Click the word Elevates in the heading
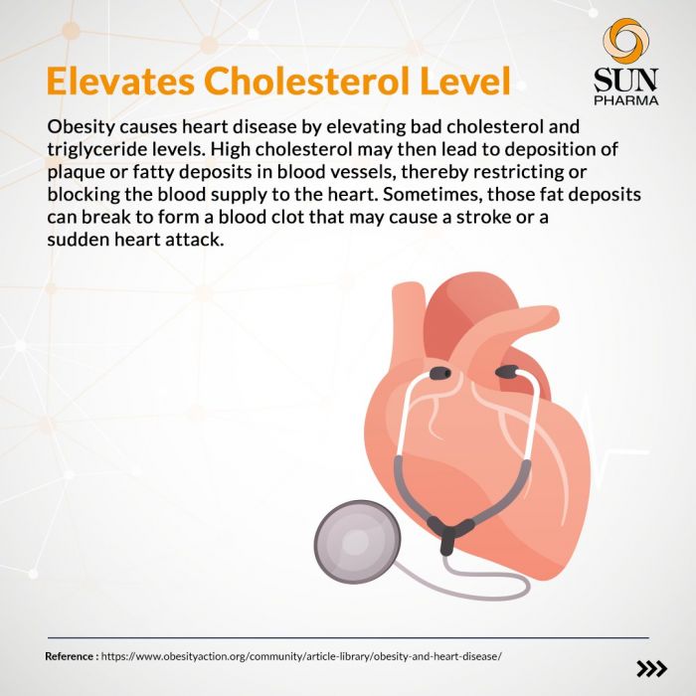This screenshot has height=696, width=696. point(120,81)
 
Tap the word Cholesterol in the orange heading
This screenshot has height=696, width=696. point(306,81)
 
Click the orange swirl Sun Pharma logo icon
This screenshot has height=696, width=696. point(625,41)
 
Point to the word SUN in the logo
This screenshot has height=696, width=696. point(625,80)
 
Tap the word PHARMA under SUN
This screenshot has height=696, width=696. point(625,99)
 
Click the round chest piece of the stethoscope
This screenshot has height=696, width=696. point(357,542)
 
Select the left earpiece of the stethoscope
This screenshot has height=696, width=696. point(440,373)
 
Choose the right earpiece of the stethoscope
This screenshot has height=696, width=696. point(507,372)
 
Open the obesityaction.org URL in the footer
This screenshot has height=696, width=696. point(301,656)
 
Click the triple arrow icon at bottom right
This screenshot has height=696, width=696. point(651,668)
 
